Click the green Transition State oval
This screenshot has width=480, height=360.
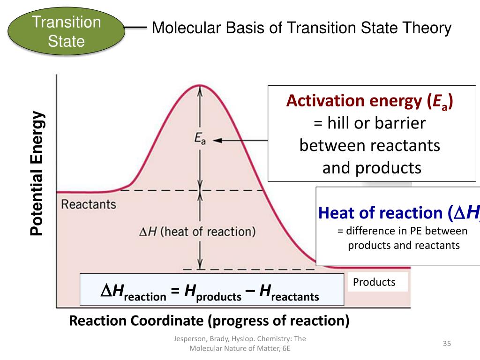(67, 31)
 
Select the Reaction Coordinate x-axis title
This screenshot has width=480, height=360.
(209, 321)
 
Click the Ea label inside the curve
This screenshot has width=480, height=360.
(200, 138)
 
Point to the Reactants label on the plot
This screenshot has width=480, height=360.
(89, 204)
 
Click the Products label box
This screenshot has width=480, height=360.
(374, 282)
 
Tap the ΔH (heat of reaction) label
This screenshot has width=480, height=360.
(197, 232)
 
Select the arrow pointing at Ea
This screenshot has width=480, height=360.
(239, 140)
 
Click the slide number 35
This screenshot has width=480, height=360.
(447, 344)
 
